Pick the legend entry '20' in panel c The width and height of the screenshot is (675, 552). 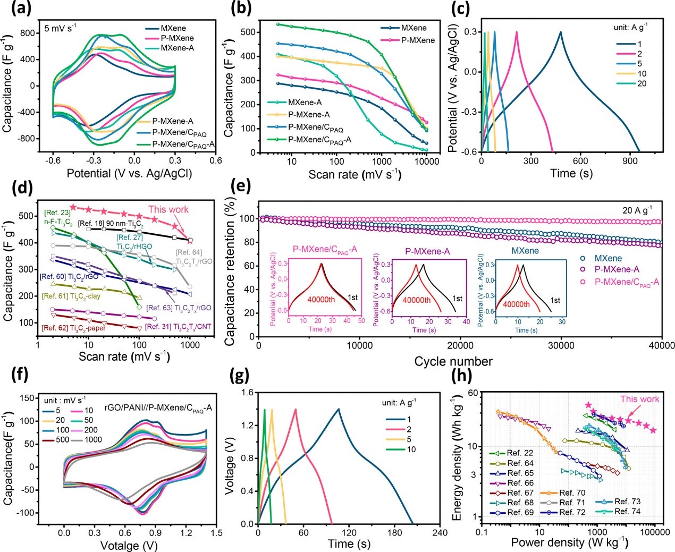(x=642, y=83)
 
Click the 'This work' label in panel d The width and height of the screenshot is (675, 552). (x=168, y=209)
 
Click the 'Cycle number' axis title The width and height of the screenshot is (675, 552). (x=453, y=362)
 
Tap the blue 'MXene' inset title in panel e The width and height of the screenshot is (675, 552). (x=525, y=251)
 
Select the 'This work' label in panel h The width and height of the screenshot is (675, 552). (x=639, y=399)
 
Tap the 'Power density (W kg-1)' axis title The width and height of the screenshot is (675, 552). (x=570, y=542)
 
